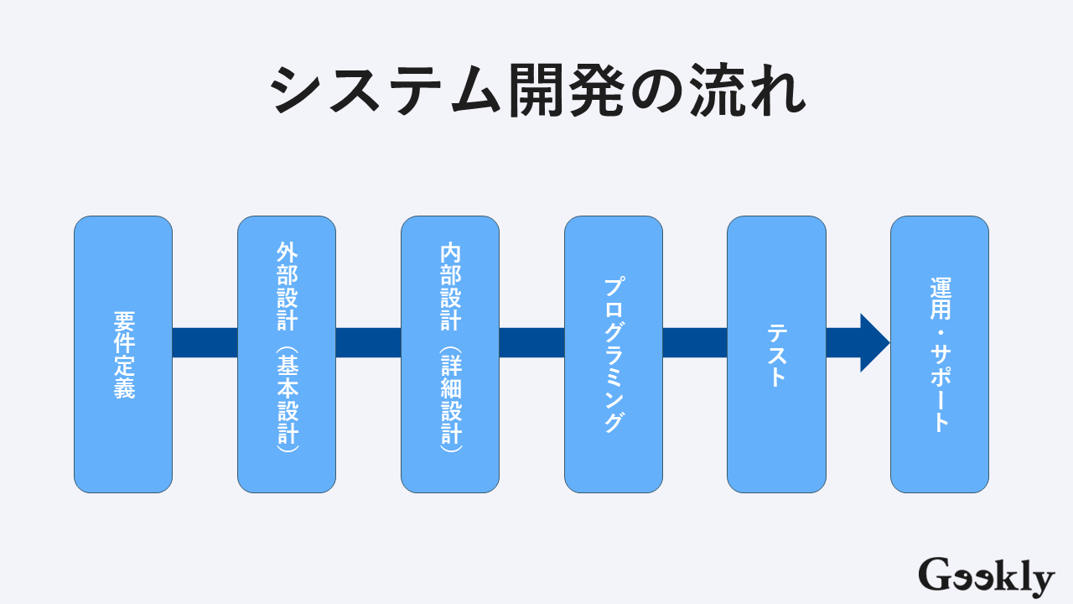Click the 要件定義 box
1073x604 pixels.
(x=123, y=354)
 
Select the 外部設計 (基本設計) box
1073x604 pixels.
(x=287, y=354)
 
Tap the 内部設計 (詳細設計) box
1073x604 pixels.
(x=450, y=354)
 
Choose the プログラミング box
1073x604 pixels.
(x=614, y=354)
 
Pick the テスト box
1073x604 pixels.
(x=776, y=354)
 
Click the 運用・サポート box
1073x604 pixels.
(x=940, y=354)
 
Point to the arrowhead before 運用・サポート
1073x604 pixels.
(x=873, y=343)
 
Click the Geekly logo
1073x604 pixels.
(x=986, y=577)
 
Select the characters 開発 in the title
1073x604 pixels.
(x=566, y=91)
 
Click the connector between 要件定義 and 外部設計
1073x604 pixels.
(x=205, y=343)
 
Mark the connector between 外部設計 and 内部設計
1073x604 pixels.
(x=368, y=343)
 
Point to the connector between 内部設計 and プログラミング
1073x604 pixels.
(x=531, y=343)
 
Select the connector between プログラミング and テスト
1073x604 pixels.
(x=695, y=343)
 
